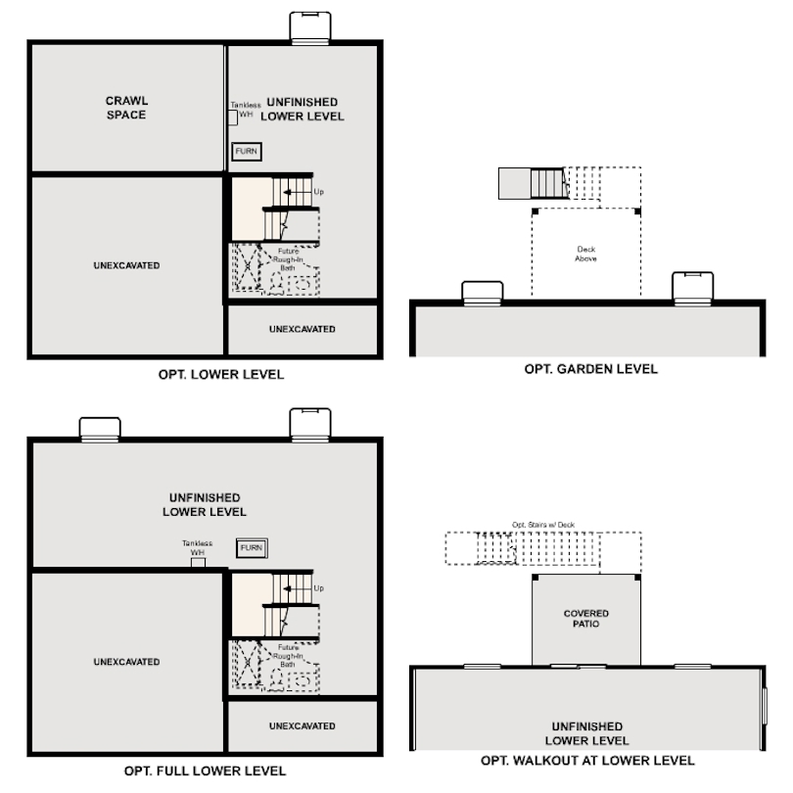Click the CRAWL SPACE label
tap(126, 108)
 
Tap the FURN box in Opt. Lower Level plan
tap(247, 151)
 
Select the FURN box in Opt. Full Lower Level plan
tap(252, 547)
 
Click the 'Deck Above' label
tap(586, 254)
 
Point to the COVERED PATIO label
tap(586, 619)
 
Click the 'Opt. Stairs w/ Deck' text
tap(543, 525)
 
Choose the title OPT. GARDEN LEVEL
tap(590, 369)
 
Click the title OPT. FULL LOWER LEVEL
tap(205, 770)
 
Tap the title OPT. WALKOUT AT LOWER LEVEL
tap(587, 761)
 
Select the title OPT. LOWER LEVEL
tap(221, 374)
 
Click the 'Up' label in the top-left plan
tap(318, 192)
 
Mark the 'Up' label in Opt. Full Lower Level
tap(318, 588)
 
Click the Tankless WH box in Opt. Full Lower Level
tap(198, 562)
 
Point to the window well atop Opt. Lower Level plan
tap(310, 28)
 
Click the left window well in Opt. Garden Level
tap(483, 294)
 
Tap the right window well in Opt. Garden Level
tap(693, 289)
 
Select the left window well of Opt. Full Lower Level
tap(100, 430)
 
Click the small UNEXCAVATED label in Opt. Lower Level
tap(302, 329)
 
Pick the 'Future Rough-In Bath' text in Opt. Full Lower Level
tap(288, 656)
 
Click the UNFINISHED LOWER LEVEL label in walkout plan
tap(586, 734)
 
